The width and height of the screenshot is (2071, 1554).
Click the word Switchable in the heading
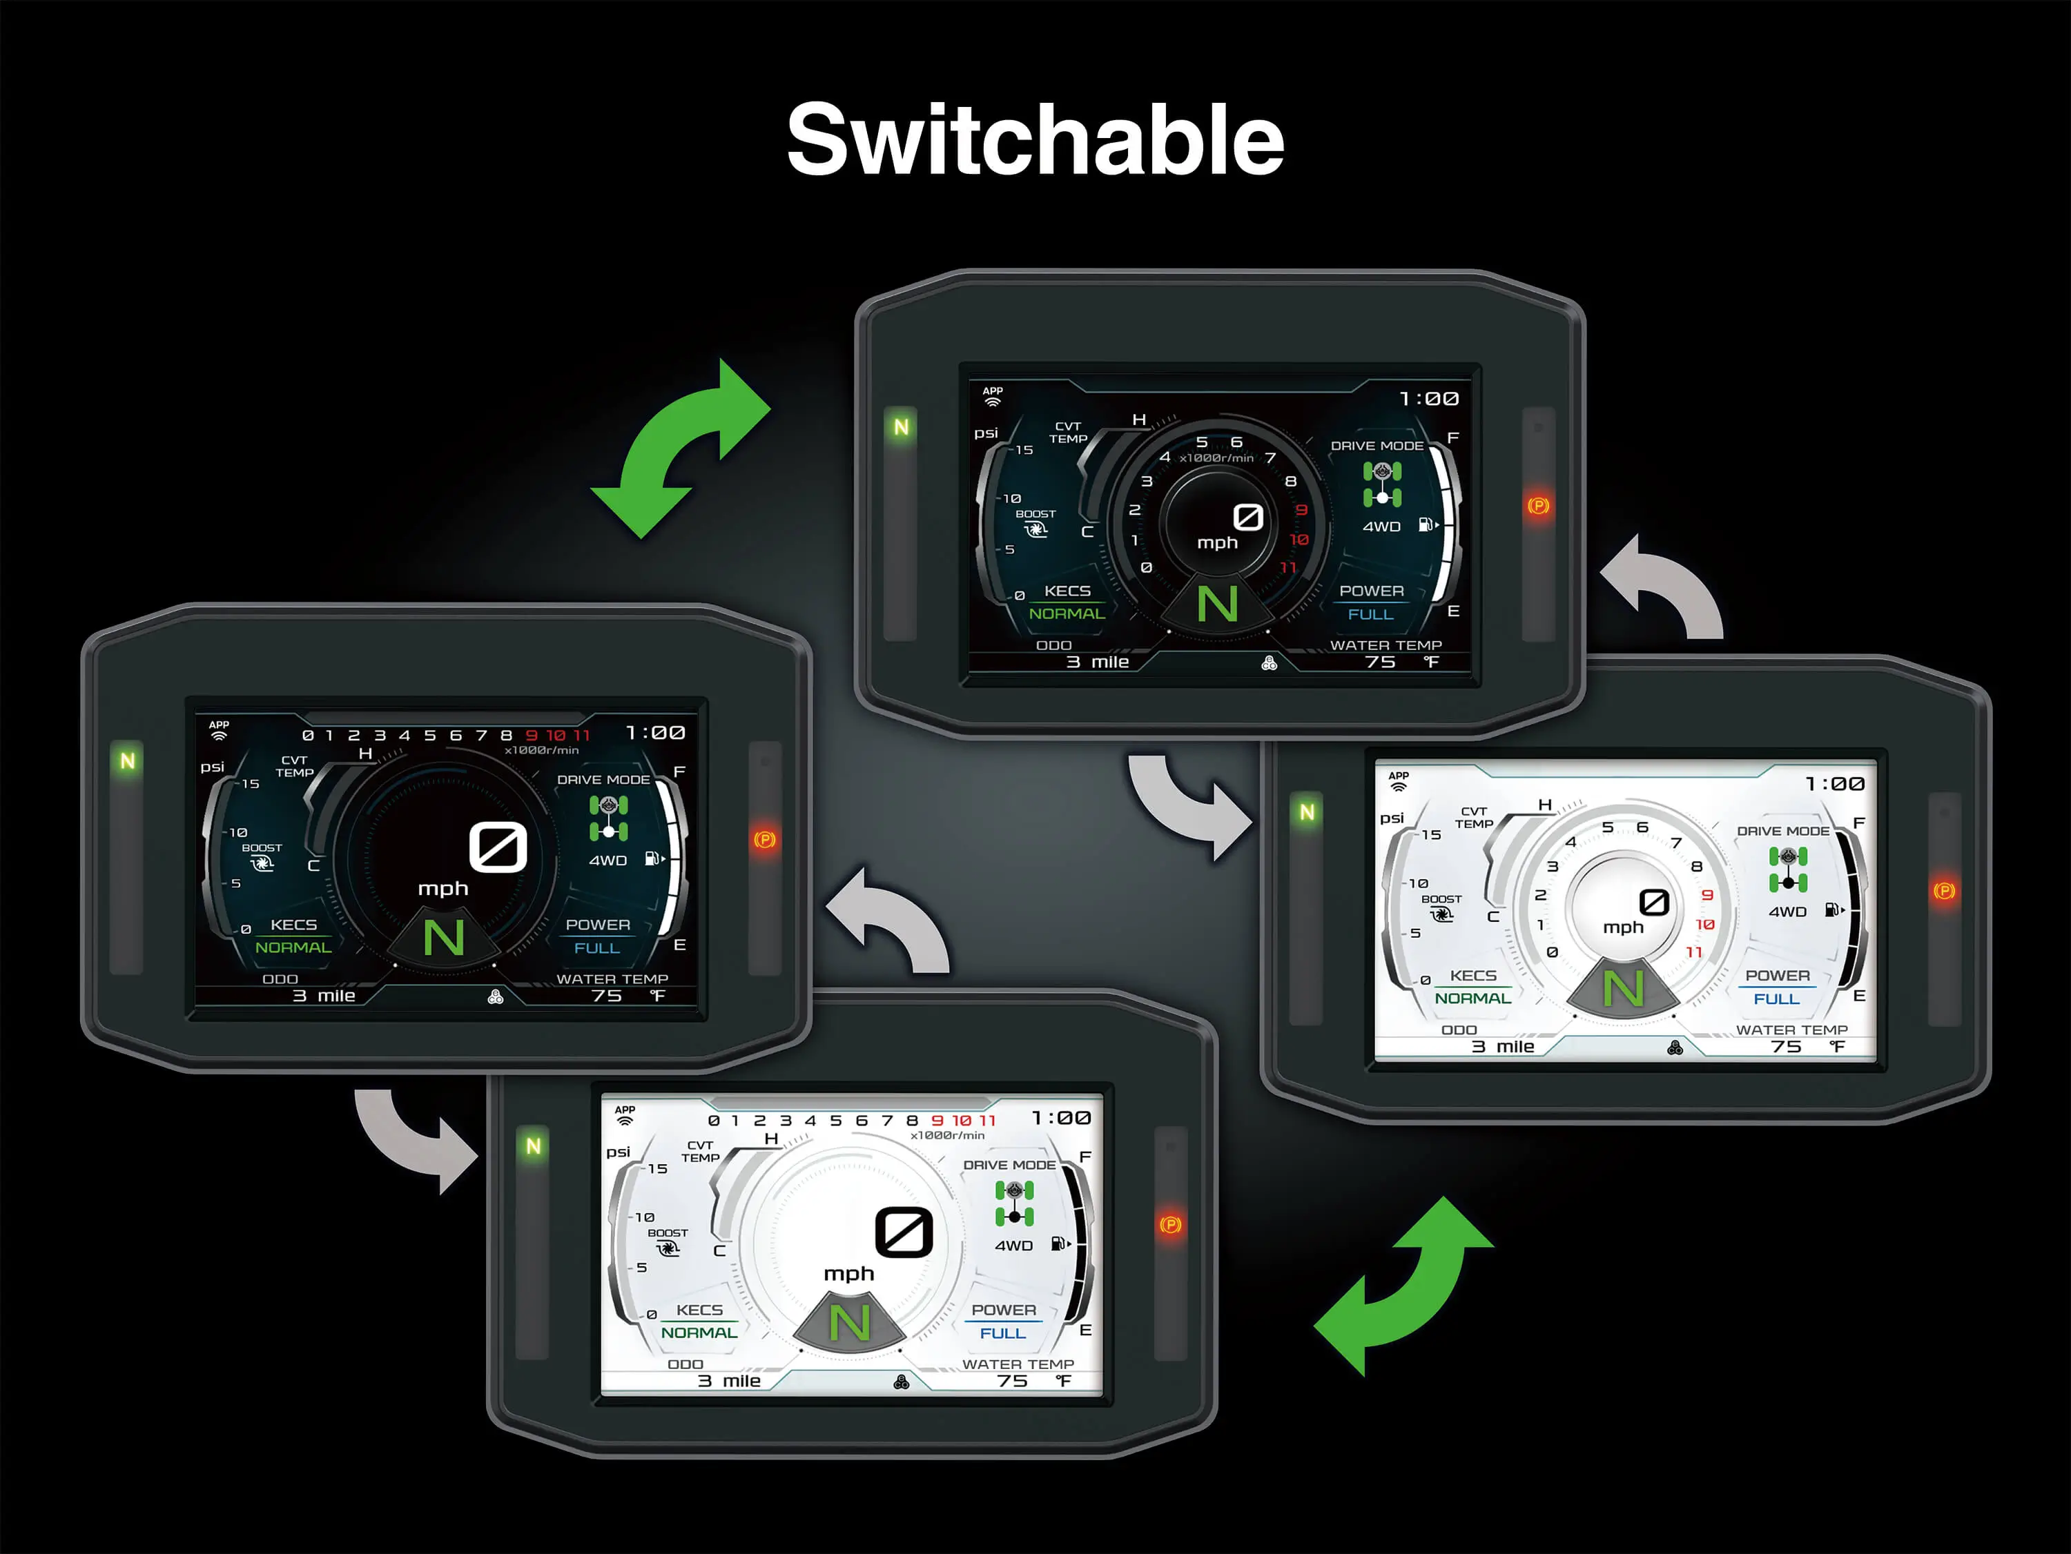click(1035, 140)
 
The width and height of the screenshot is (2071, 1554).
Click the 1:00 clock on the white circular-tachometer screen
click(1834, 783)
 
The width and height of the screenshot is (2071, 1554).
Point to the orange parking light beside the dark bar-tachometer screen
click(765, 840)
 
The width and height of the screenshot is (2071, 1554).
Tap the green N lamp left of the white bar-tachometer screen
click(533, 1146)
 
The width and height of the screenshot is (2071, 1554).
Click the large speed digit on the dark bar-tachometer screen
click(498, 847)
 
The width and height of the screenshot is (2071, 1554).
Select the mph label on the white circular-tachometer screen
click(1622, 927)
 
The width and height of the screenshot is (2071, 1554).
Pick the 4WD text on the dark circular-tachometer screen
click(1381, 526)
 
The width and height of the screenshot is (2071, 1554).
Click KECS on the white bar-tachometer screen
click(699, 1310)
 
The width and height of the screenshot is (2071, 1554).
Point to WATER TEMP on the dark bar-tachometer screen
click(612, 978)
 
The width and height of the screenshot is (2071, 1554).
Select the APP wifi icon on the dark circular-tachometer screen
click(993, 397)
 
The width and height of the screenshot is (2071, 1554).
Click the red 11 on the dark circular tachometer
click(1288, 567)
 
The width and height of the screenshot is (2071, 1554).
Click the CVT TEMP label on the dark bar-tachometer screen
click(294, 766)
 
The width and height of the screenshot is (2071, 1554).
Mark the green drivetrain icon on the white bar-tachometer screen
click(1014, 1203)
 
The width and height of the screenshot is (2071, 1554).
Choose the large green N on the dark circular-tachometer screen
click(1217, 604)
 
